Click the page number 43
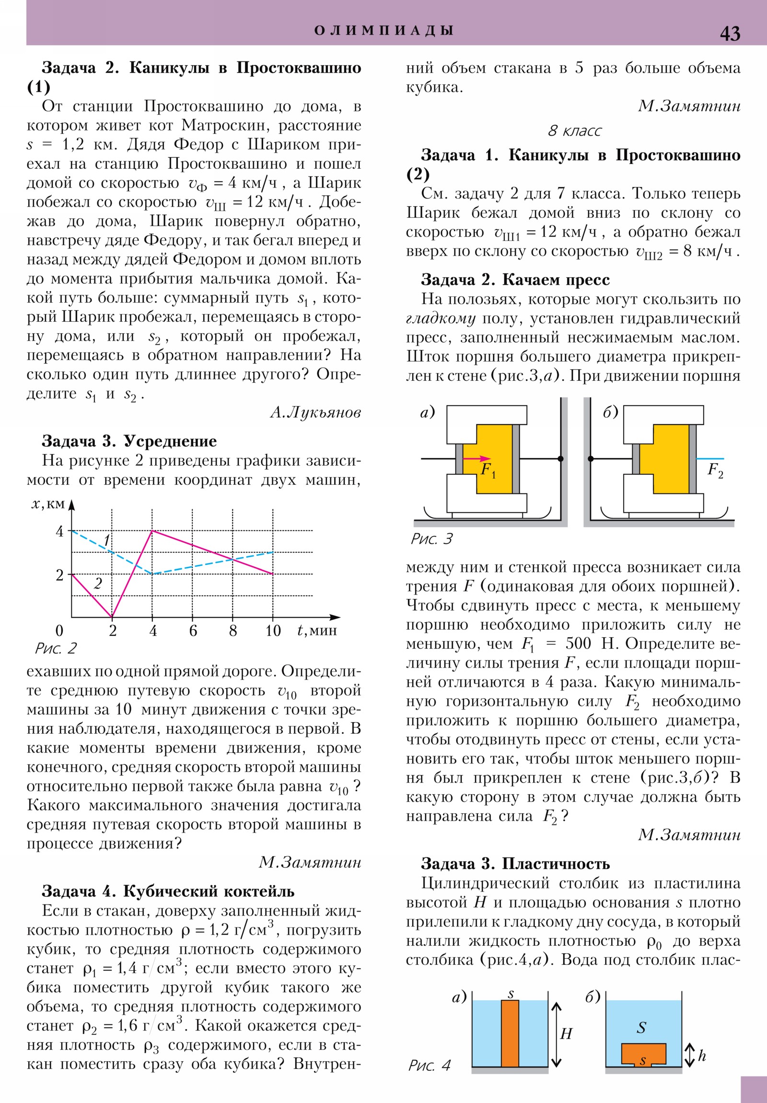(x=730, y=34)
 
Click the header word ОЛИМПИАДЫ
(x=384, y=31)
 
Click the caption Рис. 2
(x=56, y=648)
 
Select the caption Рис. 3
(x=431, y=539)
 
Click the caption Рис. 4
(x=430, y=1066)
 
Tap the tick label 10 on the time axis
(x=273, y=631)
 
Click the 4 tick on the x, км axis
(x=59, y=531)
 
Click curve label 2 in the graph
(x=98, y=584)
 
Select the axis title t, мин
(x=317, y=630)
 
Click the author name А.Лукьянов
(x=315, y=412)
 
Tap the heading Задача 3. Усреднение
(x=129, y=441)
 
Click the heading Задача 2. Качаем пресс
(x=515, y=280)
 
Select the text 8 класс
(x=574, y=130)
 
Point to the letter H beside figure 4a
(x=566, y=1033)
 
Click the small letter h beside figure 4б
(x=702, y=1056)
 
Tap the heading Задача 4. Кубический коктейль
(x=168, y=891)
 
